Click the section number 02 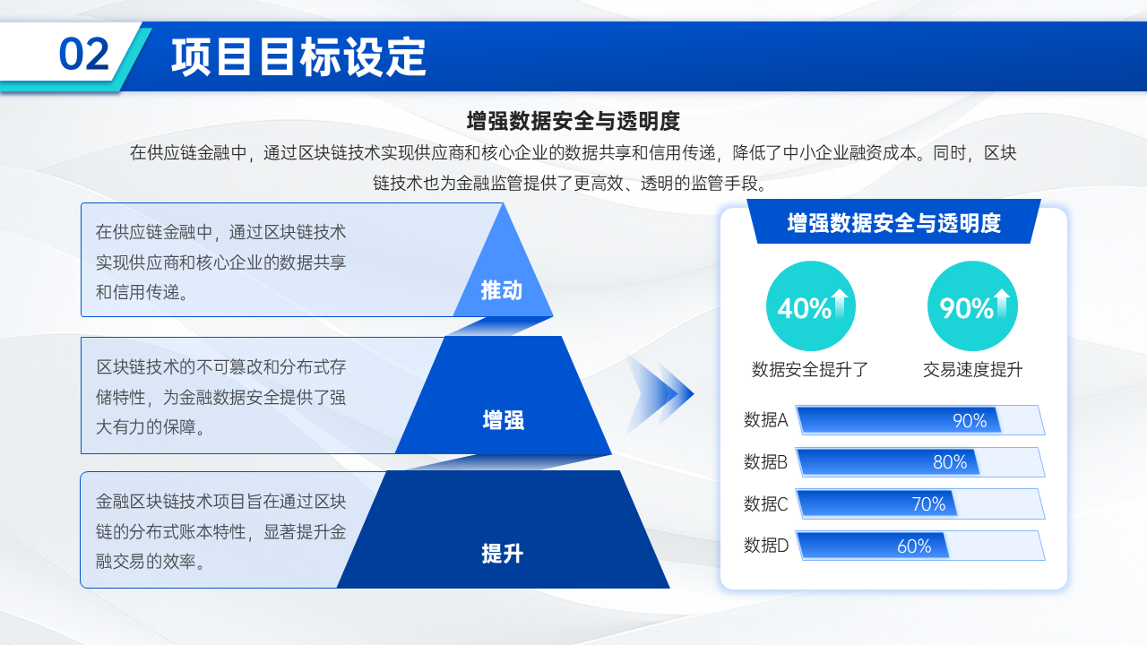(x=84, y=54)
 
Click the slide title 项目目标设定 (x=298, y=56)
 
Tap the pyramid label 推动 (x=501, y=290)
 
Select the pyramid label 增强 (x=504, y=420)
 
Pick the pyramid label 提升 (x=503, y=554)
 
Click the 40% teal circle (x=811, y=306)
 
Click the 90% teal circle (x=972, y=306)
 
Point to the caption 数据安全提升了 (x=810, y=369)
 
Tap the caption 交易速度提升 (x=972, y=369)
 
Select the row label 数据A (x=766, y=420)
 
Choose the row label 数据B (x=765, y=461)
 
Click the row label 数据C (x=766, y=503)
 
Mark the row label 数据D (x=766, y=546)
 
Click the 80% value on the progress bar (x=950, y=462)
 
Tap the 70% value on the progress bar (x=928, y=504)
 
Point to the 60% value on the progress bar (x=914, y=546)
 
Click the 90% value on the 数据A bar (x=970, y=421)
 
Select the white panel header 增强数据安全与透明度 (x=894, y=223)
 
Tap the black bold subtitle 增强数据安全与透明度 (x=573, y=121)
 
